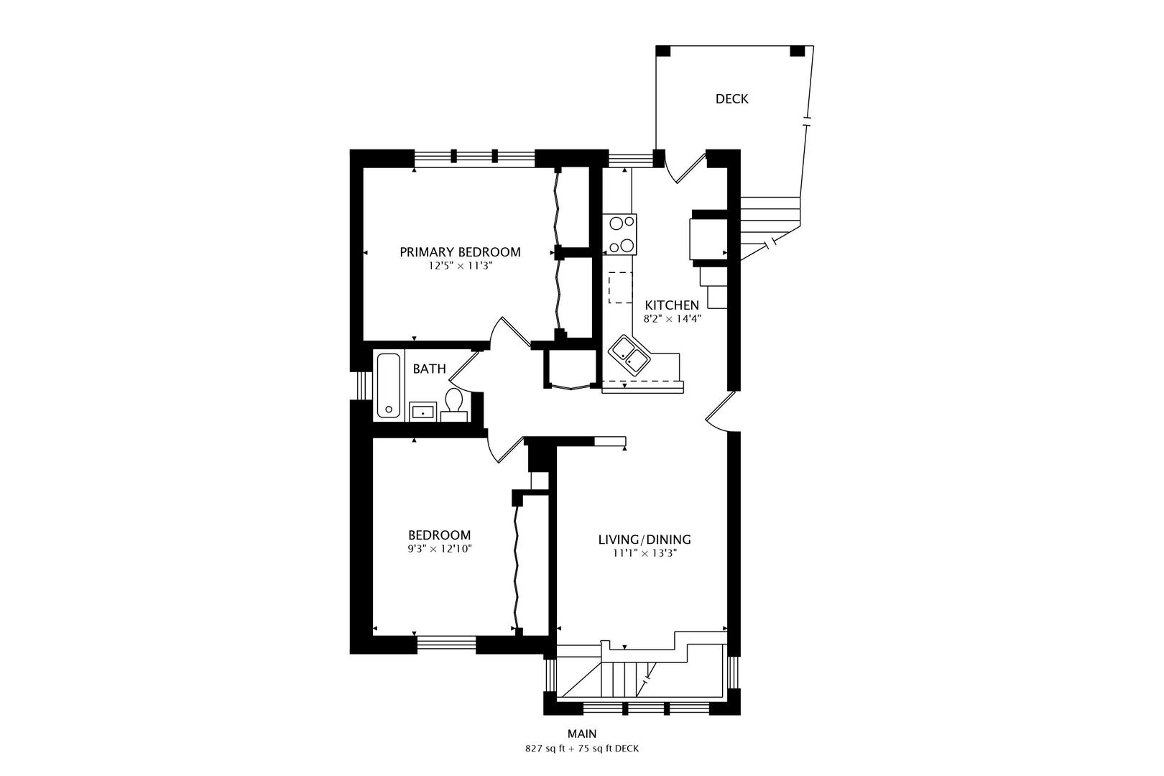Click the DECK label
pyautogui.click(x=731, y=98)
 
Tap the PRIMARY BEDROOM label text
pyautogui.click(x=460, y=252)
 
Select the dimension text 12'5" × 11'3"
pyautogui.click(x=460, y=266)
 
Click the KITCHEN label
pyautogui.click(x=672, y=305)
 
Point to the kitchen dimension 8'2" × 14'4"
pyautogui.click(x=673, y=318)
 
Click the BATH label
pyautogui.click(x=429, y=369)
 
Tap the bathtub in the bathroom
pyautogui.click(x=389, y=385)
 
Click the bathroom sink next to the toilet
pyautogui.click(x=423, y=411)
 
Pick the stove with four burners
pyautogui.click(x=620, y=234)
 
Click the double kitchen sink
pyautogui.click(x=629, y=354)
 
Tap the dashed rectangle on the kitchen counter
pyautogui.click(x=621, y=287)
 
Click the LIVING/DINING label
pyautogui.click(x=645, y=540)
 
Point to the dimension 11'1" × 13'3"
pyautogui.click(x=645, y=553)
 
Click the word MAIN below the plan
pyautogui.click(x=582, y=734)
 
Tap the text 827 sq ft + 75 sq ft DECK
pyautogui.click(x=582, y=749)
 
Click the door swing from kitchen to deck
pyautogui.click(x=685, y=167)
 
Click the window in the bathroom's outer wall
pyautogui.click(x=362, y=386)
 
